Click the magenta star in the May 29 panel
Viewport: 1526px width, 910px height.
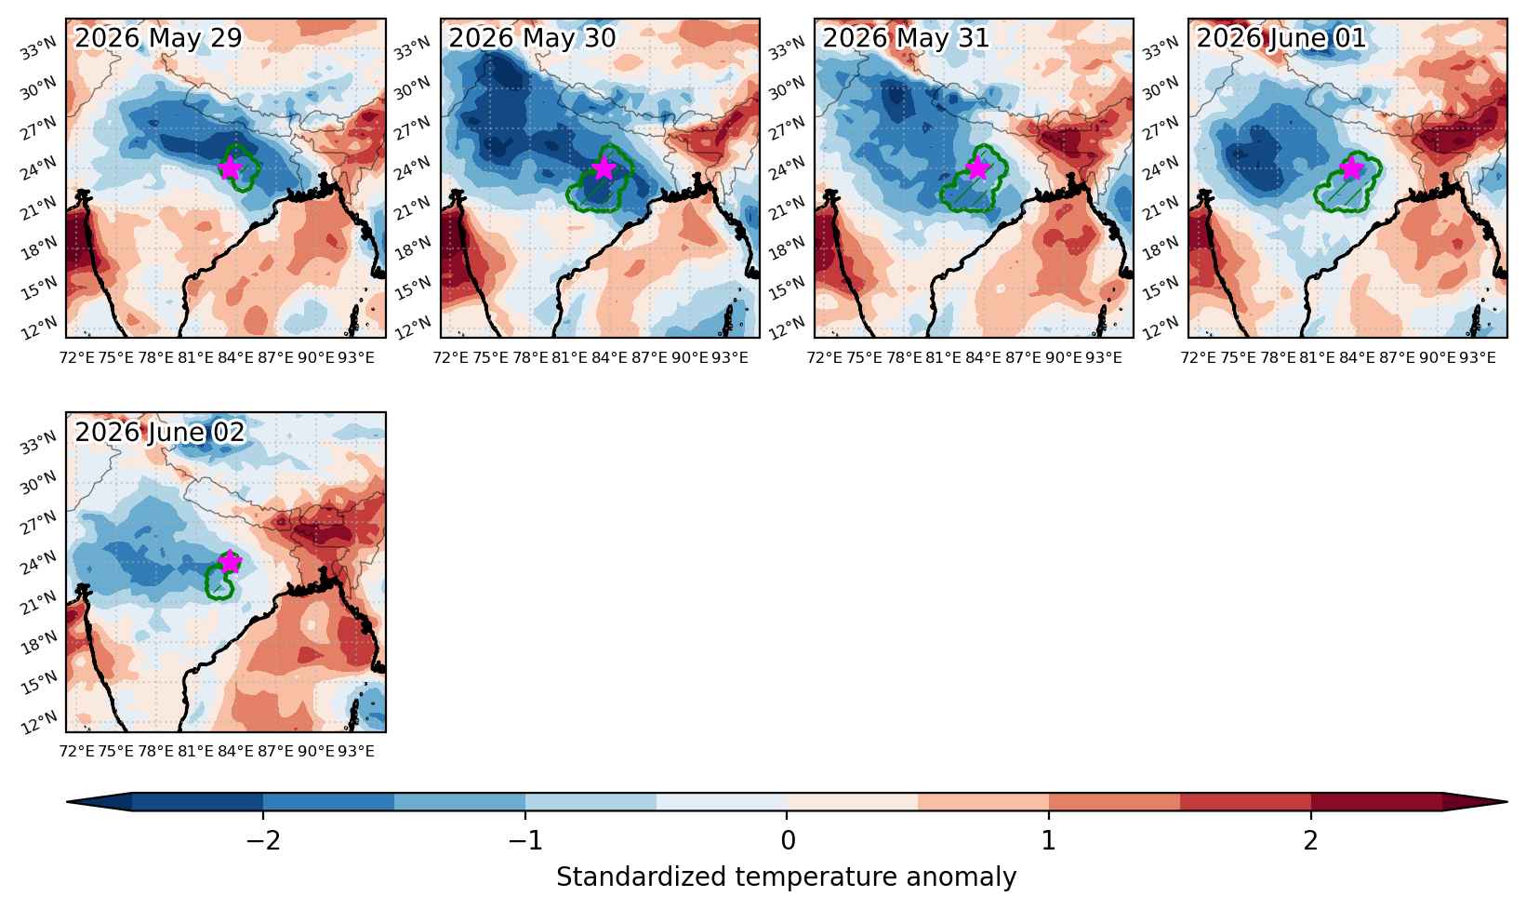click(x=231, y=167)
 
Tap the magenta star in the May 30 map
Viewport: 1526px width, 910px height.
click(x=604, y=167)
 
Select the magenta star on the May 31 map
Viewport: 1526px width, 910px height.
click(x=977, y=167)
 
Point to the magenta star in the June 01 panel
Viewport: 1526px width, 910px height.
click(x=1351, y=167)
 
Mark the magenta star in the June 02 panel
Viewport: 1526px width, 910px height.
click(x=231, y=562)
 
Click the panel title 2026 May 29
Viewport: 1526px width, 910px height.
click(x=158, y=37)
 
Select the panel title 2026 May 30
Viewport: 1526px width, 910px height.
click(x=532, y=37)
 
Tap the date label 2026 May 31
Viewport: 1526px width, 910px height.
click(x=906, y=37)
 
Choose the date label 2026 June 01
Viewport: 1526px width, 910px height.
click(x=1281, y=37)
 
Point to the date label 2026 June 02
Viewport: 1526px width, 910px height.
click(x=159, y=432)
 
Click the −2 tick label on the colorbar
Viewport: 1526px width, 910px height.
click(x=263, y=841)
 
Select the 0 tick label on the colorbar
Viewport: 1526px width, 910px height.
click(x=788, y=841)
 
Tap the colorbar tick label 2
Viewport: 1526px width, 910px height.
click(x=1311, y=841)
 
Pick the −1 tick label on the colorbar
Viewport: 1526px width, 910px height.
click(x=525, y=841)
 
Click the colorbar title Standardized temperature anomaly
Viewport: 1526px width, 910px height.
click(x=786, y=877)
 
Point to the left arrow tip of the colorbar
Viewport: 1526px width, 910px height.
click(x=67, y=802)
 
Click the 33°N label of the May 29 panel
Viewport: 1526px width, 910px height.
click(x=39, y=49)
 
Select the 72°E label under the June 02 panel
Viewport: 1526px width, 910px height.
click(x=76, y=751)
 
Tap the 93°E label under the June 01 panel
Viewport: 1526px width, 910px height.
click(x=1478, y=358)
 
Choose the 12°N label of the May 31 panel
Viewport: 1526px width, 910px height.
click(x=787, y=329)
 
